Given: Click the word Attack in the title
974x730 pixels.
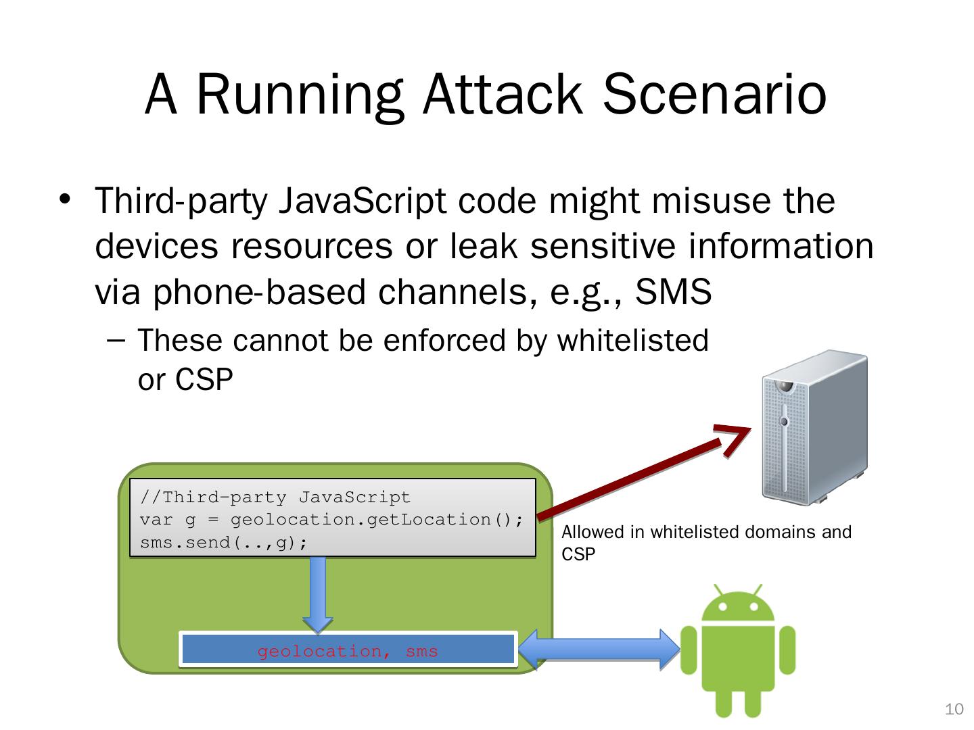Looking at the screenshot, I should click(502, 94).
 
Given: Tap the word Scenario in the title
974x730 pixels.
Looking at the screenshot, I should click(714, 94).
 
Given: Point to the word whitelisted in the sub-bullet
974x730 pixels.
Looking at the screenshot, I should click(632, 341).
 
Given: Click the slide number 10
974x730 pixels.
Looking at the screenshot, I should click(954, 709).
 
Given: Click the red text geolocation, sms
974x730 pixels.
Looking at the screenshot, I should click(348, 652).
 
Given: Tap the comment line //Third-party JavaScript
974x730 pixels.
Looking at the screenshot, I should click(275, 497).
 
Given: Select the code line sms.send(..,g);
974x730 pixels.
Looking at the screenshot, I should click(224, 543).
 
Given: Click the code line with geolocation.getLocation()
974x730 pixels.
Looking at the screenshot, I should click(331, 520).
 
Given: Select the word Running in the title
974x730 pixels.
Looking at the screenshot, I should click(300, 94).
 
